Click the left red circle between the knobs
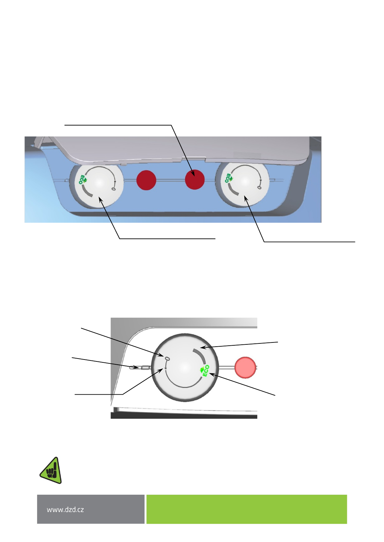click(x=146, y=180)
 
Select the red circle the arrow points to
click(x=195, y=180)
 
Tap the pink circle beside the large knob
click(x=245, y=367)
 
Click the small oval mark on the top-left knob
click(x=113, y=189)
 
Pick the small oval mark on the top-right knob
click(x=259, y=187)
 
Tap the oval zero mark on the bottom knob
click(x=167, y=359)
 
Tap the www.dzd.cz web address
click(x=65, y=509)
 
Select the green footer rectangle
click(x=247, y=509)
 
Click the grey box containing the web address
click(x=91, y=509)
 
